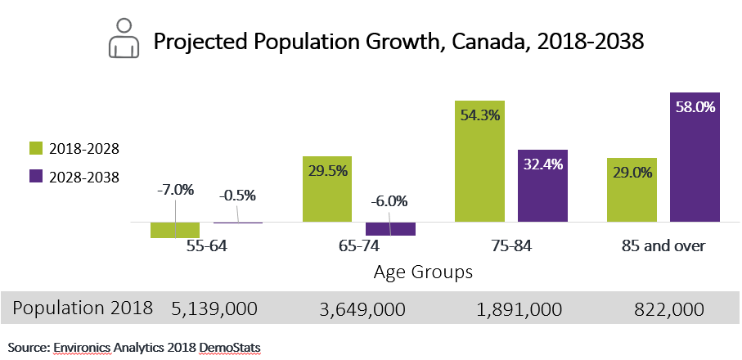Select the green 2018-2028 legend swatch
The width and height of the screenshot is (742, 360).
coord(35,148)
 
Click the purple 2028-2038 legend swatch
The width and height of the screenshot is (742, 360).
coord(35,176)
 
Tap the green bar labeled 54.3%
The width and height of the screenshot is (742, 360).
coord(479,164)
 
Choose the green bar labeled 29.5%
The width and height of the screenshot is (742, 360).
coord(327,189)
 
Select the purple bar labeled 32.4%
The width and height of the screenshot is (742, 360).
coord(542,186)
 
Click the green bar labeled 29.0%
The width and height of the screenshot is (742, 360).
coord(632,190)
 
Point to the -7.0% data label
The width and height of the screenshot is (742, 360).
coord(175,190)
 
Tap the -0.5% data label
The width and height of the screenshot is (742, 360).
coord(237,196)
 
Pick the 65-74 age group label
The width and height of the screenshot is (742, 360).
coord(358,245)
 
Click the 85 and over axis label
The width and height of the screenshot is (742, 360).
coord(663,245)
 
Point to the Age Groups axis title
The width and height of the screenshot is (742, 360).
coord(423,272)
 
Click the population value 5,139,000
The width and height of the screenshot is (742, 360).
coord(214,308)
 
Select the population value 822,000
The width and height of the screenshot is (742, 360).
coord(668,308)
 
